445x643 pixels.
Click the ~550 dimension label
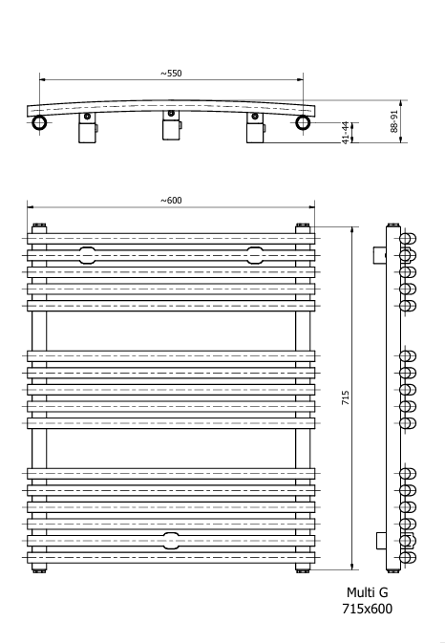[171, 74]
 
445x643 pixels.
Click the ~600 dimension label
[171, 200]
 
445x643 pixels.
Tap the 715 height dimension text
[346, 397]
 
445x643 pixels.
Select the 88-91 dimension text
[394, 121]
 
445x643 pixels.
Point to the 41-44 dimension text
[346, 133]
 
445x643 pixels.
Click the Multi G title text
[367, 592]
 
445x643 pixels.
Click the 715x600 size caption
[367, 609]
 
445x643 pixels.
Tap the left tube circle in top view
[39, 122]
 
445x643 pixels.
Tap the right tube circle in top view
[303, 122]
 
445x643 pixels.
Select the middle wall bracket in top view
[172, 125]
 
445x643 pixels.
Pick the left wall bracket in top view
[88, 128]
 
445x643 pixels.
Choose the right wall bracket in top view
[255, 128]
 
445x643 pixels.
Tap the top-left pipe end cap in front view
[39, 225]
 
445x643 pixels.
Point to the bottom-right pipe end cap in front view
[303, 569]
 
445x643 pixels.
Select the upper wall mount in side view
[379, 255]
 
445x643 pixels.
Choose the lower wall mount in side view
[382, 541]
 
